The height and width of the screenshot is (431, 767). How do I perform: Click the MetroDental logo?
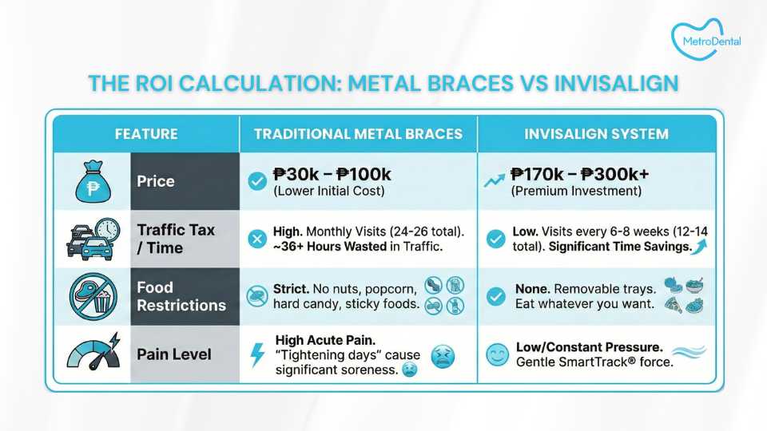705,39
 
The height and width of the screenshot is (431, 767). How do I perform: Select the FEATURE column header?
146,134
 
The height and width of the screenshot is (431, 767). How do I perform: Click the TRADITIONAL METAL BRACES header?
358,134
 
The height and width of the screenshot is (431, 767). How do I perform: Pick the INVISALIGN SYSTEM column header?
596,134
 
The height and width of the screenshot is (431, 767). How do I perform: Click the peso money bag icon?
93,182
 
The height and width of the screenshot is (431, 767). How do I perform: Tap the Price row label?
156,181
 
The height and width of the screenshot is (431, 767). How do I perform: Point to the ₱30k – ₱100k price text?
332,174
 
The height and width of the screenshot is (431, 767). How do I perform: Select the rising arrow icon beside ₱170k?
494,180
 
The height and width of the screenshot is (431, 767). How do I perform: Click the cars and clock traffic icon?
93,239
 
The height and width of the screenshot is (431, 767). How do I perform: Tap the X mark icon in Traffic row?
256,239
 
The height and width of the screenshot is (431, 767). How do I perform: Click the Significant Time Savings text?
620,247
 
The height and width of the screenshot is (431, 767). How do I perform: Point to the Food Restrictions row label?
181,296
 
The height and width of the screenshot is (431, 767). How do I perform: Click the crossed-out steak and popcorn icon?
93,296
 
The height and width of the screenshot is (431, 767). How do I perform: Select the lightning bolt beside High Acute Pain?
257,354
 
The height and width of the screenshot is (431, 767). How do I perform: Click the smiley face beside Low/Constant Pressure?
498,354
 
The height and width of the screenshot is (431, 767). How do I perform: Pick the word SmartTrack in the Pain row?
593,362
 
